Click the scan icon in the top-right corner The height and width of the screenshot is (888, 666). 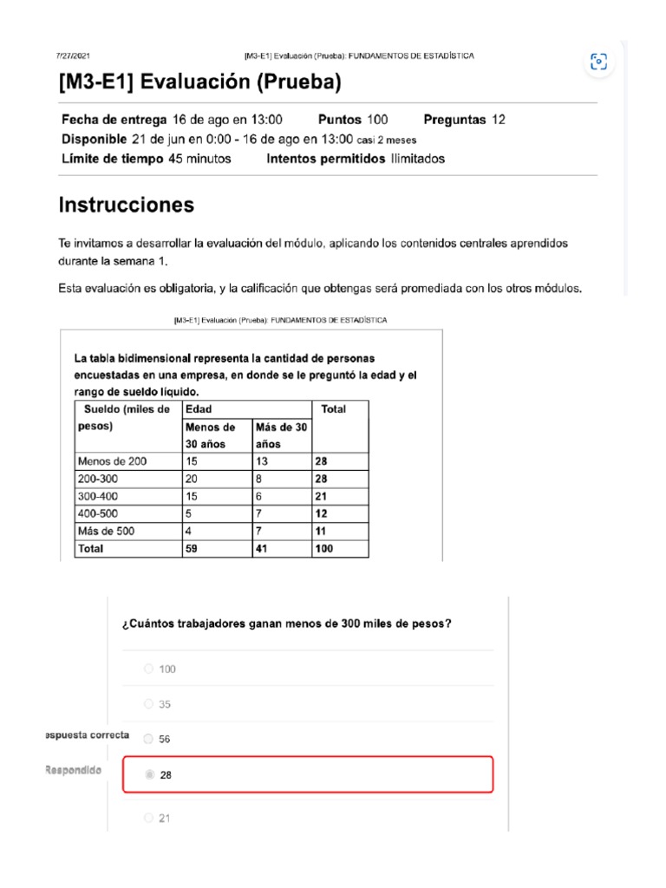[x=598, y=62]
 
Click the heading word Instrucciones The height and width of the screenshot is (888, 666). [x=127, y=206]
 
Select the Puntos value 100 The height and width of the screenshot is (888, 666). [x=376, y=120]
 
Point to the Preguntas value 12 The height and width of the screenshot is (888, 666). [x=498, y=120]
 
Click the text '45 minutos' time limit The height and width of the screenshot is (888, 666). [x=199, y=159]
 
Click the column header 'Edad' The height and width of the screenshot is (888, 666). [x=199, y=408]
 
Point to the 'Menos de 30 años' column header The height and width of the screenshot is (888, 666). [x=210, y=435]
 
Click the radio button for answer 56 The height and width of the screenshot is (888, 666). [x=148, y=739]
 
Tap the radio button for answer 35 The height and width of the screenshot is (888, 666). [x=148, y=704]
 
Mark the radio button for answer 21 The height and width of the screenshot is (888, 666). [x=148, y=818]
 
